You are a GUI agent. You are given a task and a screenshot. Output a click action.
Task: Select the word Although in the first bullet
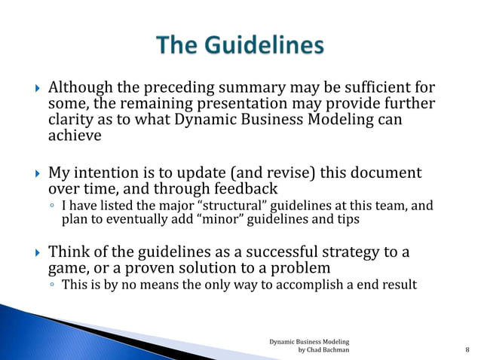coord(79,87)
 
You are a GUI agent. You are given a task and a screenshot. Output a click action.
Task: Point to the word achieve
coord(74,137)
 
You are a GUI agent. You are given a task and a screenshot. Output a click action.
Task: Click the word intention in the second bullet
coord(113,173)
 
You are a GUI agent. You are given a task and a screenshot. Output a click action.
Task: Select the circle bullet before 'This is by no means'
coord(51,285)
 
